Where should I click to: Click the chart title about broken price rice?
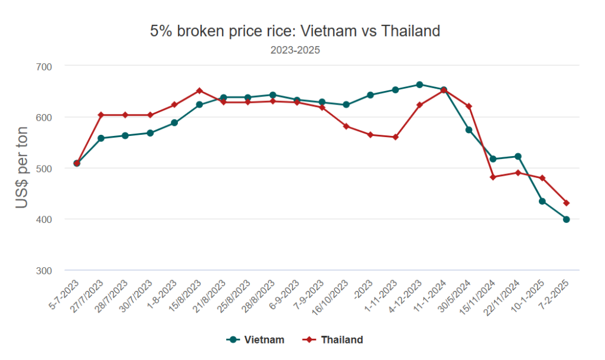click(x=295, y=31)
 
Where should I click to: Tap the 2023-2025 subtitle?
click(x=295, y=50)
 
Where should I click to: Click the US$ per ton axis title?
click(x=22, y=168)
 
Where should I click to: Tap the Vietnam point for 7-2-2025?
click(x=567, y=219)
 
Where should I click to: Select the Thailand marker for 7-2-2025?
click(x=567, y=203)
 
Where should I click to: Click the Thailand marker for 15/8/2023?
click(x=199, y=90)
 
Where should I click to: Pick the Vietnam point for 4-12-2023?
click(x=419, y=85)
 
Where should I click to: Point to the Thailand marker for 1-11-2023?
click(x=395, y=137)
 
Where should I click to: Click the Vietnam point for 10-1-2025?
click(x=542, y=201)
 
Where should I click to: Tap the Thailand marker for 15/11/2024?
click(x=493, y=177)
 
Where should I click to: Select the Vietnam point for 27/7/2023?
click(x=101, y=138)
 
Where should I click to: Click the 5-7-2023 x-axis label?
click(x=63, y=293)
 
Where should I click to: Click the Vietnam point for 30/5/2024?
click(x=469, y=130)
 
